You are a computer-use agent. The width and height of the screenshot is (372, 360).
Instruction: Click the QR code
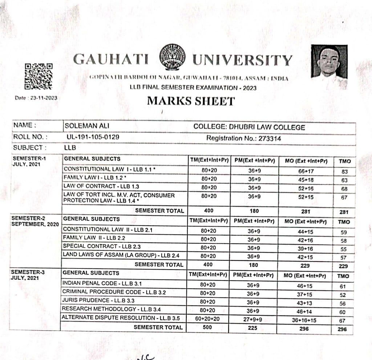point(38,76)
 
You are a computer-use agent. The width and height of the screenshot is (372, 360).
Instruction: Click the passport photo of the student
point(329,62)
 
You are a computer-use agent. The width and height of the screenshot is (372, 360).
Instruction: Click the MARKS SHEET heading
point(191,101)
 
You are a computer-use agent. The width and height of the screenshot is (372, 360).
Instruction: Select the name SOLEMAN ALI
point(81,126)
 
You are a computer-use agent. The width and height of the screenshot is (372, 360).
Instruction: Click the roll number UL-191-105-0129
point(93,137)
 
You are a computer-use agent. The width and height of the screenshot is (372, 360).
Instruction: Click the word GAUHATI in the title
point(111,60)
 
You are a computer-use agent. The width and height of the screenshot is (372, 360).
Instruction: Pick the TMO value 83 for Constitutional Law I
point(344,171)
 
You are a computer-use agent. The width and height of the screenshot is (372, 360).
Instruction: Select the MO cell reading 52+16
point(305,189)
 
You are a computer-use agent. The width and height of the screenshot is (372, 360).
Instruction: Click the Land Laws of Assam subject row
point(121,255)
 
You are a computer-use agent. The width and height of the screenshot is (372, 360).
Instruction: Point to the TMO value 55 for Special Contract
point(343,249)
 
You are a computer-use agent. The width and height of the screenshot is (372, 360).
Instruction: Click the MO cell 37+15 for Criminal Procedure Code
point(304,295)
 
